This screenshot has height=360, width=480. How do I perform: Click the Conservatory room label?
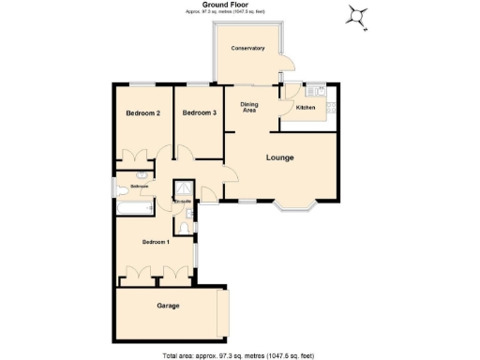pos(248,48)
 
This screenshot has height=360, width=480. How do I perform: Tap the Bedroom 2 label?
pos(142,113)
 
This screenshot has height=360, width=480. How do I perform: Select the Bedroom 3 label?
pos(200,113)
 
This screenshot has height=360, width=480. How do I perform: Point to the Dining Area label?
pos(249,108)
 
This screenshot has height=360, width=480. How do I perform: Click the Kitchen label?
pos(307,108)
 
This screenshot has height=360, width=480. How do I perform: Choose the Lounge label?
pos(279,157)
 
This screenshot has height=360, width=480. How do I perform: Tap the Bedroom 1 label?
pos(156,242)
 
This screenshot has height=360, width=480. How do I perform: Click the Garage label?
pos(168,306)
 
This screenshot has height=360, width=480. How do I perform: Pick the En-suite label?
pos(182,201)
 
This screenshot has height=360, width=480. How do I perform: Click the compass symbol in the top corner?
pos(357,14)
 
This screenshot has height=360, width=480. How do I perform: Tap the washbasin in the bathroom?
pos(140,176)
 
